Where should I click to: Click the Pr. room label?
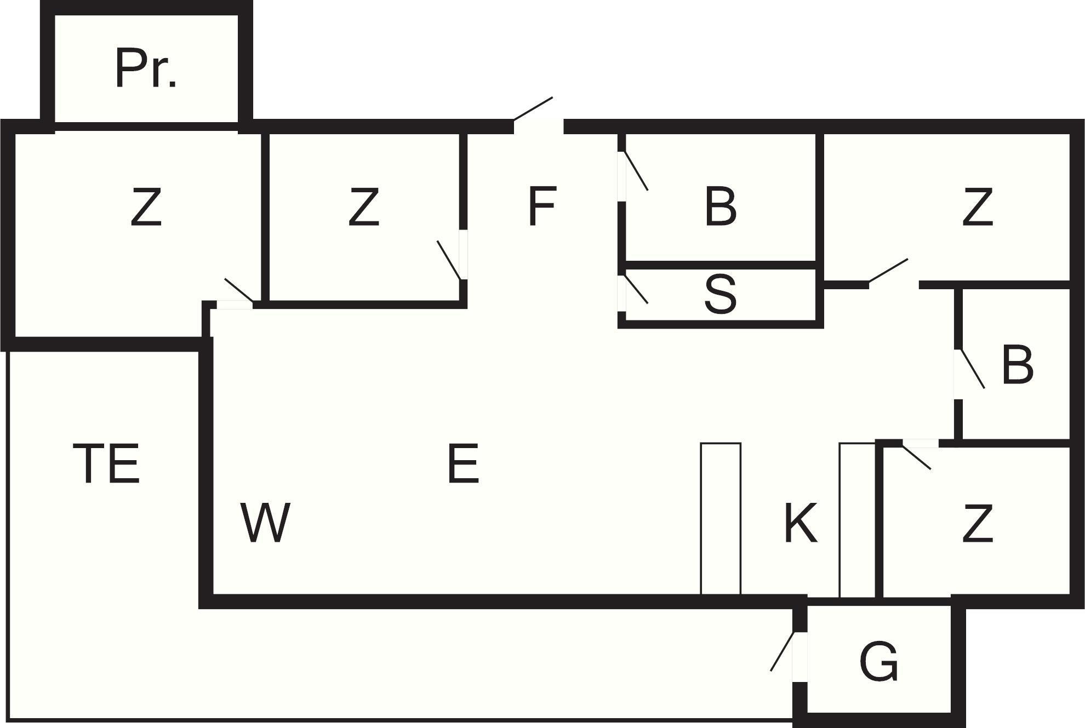click(x=145, y=68)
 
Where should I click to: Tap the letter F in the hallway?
click(x=542, y=206)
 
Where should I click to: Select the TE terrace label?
click(x=106, y=463)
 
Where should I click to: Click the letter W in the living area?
click(x=265, y=523)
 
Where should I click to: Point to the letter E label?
click(x=463, y=463)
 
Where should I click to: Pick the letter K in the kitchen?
click(x=801, y=523)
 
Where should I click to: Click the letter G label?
click(x=879, y=662)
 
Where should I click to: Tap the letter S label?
click(x=720, y=295)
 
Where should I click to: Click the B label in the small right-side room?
click(x=1017, y=365)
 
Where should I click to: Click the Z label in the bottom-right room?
click(x=978, y=524)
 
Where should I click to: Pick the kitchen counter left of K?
click(x=721, y=518)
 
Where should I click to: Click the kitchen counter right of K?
click(x=857, y=518)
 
